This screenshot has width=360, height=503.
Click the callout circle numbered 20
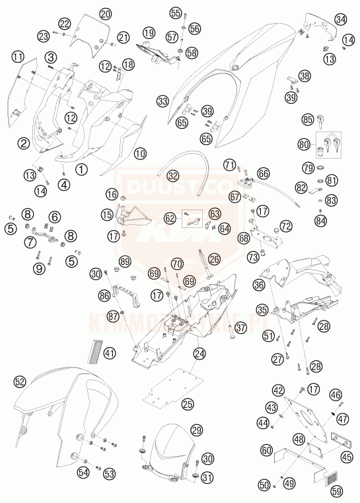coord(106,13)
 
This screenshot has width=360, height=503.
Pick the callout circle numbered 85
coord(308,120)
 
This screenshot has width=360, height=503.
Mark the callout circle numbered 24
coord(199,354)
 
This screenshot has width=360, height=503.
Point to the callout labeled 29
coord(196,430)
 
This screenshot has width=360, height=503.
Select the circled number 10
coord(140,153)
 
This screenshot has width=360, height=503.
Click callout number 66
coord(264,173)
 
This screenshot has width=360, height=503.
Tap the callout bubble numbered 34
coord(340,20)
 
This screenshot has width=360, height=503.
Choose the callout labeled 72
coord(286,226)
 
